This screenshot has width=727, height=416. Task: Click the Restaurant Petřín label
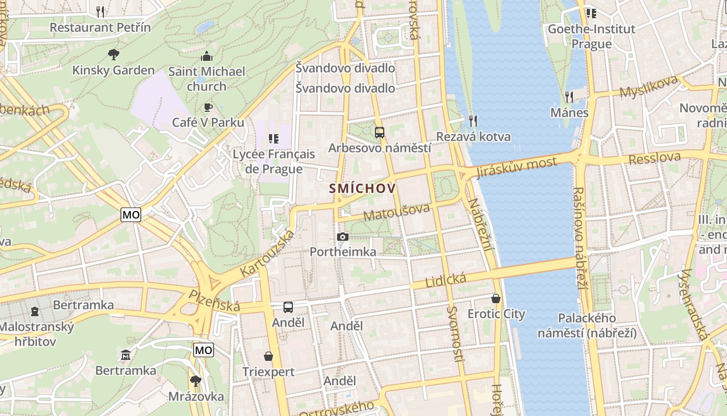(x=100, y=27)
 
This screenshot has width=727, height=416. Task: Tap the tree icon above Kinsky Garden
(x=113, y=54)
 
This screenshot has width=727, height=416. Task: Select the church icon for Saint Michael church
(x=207, y=56)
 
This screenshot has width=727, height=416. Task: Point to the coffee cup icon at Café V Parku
(x=208, y=107)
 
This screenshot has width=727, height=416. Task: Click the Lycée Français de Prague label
(x=274, y=161)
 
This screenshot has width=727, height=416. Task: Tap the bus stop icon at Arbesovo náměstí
(x=380, y=132)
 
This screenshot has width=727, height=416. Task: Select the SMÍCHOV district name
(x=362, y=188)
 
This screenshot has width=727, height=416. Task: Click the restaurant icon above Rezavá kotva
(x=473, y=121)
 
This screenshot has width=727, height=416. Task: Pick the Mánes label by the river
(x=570, y=112)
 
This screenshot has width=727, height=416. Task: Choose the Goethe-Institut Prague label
(x=591, y=36)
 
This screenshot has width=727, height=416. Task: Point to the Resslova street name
(x=654, y=158)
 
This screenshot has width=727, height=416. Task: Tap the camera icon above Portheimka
(x=342, y=237)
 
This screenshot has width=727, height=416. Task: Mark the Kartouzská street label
(x=267, y=253)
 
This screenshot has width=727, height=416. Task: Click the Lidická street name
(x=446, y=281)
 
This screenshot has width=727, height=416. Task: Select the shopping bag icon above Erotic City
(x=496, y=298)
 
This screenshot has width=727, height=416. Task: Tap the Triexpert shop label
(x=268, y=371)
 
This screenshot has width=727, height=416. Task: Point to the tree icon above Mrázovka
(x=196, y=381)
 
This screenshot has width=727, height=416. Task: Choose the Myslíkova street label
(x=649, y=86)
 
